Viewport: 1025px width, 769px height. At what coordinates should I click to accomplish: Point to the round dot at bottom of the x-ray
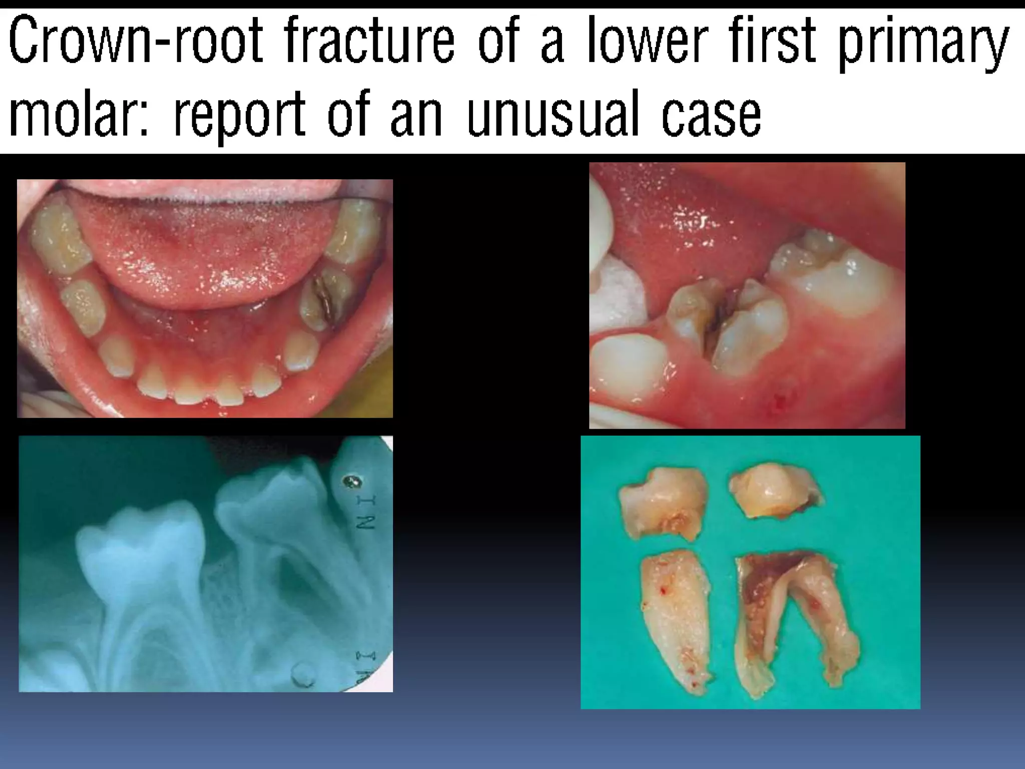coord(303,673)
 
